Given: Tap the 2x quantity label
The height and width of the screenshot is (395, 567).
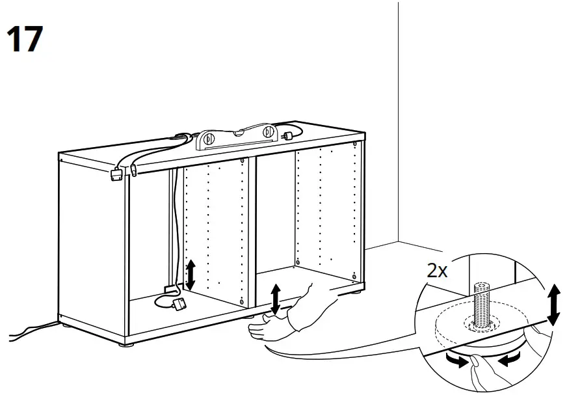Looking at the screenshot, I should point(437,271).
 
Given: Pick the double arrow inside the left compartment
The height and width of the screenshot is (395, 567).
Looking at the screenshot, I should point(191,275).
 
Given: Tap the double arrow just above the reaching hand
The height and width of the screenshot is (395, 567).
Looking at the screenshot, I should point(276,299).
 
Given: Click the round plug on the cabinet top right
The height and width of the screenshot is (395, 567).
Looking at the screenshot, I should point(286,134).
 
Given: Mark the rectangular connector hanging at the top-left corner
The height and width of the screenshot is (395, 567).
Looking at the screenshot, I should point(117,174).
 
